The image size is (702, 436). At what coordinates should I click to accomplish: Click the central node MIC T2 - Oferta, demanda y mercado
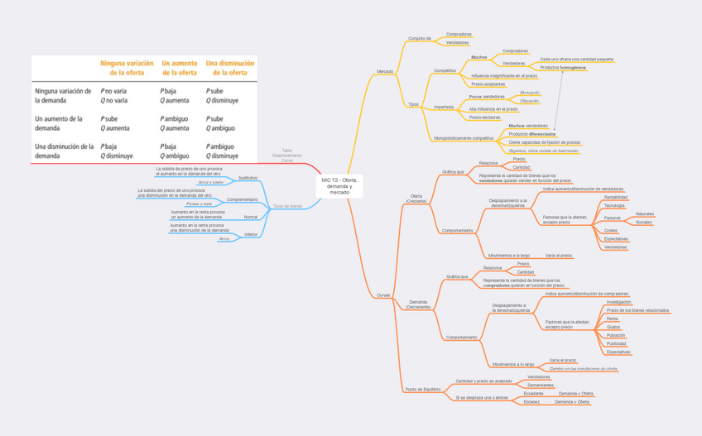click(339, 186)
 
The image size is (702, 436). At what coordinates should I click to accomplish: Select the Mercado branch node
click(385, 71)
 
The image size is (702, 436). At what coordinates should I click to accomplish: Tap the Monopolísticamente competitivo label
click(464, 138)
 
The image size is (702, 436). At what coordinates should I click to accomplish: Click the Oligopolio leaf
click(530, 101)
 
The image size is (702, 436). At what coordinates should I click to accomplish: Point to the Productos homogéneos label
click(563, 68)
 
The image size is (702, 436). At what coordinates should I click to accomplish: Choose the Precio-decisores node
click(484, 117)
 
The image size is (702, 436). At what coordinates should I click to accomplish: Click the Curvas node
click(383, 295)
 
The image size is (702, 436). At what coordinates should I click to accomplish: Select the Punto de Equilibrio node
click(422, 390)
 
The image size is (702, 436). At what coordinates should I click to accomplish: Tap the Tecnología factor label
click(614, 206)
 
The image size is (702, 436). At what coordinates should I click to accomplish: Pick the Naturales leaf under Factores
click(645, 214)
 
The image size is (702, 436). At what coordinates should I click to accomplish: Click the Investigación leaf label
click(619, 302)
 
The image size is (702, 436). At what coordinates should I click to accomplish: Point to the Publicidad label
click(616, 343)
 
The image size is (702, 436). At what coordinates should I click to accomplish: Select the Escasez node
click(531, 402)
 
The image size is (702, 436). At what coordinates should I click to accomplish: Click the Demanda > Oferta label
click(572, 402)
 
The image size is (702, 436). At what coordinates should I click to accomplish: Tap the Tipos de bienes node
click(287, 206)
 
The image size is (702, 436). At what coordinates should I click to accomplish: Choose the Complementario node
click(242, 199)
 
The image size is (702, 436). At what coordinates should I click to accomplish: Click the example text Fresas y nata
click(199, 204)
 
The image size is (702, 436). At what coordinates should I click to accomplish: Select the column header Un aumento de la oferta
click(180, 68)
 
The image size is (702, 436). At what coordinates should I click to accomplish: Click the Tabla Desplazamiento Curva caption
click(287, 156)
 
